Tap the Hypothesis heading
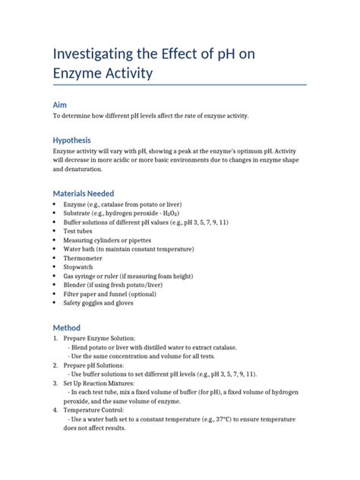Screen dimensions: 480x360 pos(71,141)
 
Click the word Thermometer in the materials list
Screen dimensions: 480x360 pos(87,257)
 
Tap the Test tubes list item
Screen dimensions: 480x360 pos(81,231)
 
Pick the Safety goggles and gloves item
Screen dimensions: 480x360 pos(99,302)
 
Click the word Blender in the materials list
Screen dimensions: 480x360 pos(77,285)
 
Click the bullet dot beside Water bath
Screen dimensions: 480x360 pos(55,248)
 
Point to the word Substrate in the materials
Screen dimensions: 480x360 pos(80,213)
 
